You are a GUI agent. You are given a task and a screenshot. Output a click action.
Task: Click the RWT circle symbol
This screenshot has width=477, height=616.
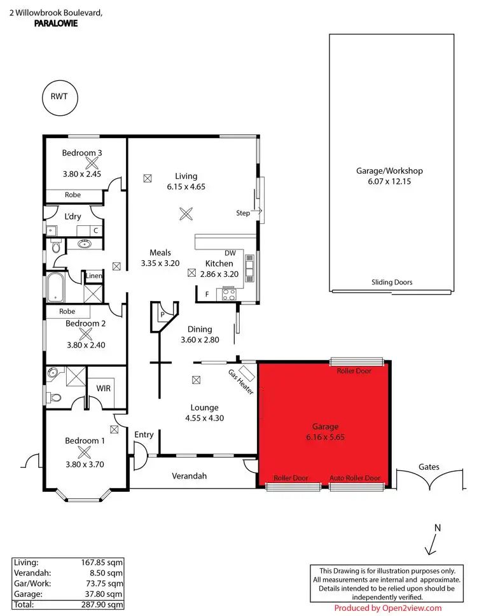[59, 97]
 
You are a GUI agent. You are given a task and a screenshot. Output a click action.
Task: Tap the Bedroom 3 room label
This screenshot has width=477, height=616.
[82, 153]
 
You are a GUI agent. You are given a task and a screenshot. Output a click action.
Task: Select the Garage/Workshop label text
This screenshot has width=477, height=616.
[389, 171]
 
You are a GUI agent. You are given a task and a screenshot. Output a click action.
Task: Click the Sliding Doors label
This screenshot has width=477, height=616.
[392, 283]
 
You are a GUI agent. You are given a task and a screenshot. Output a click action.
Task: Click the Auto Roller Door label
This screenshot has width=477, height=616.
[355, 478]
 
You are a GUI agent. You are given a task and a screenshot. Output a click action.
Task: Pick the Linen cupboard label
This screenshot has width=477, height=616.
[94, 276]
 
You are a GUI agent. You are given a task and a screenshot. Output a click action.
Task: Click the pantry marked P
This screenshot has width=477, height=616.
[162, 314]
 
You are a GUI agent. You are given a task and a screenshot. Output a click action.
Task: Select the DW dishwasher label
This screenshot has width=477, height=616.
[230, 253]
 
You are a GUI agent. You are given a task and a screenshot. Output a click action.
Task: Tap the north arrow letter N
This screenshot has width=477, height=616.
[437, 528]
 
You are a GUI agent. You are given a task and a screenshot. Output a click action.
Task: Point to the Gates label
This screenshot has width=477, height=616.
[429, 466]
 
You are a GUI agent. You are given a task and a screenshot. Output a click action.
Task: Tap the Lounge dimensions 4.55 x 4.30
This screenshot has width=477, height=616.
[204, 418]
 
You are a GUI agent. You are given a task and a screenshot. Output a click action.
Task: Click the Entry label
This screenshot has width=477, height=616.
[144, 435]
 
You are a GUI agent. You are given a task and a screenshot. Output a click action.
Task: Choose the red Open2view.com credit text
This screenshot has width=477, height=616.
[388, 608]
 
